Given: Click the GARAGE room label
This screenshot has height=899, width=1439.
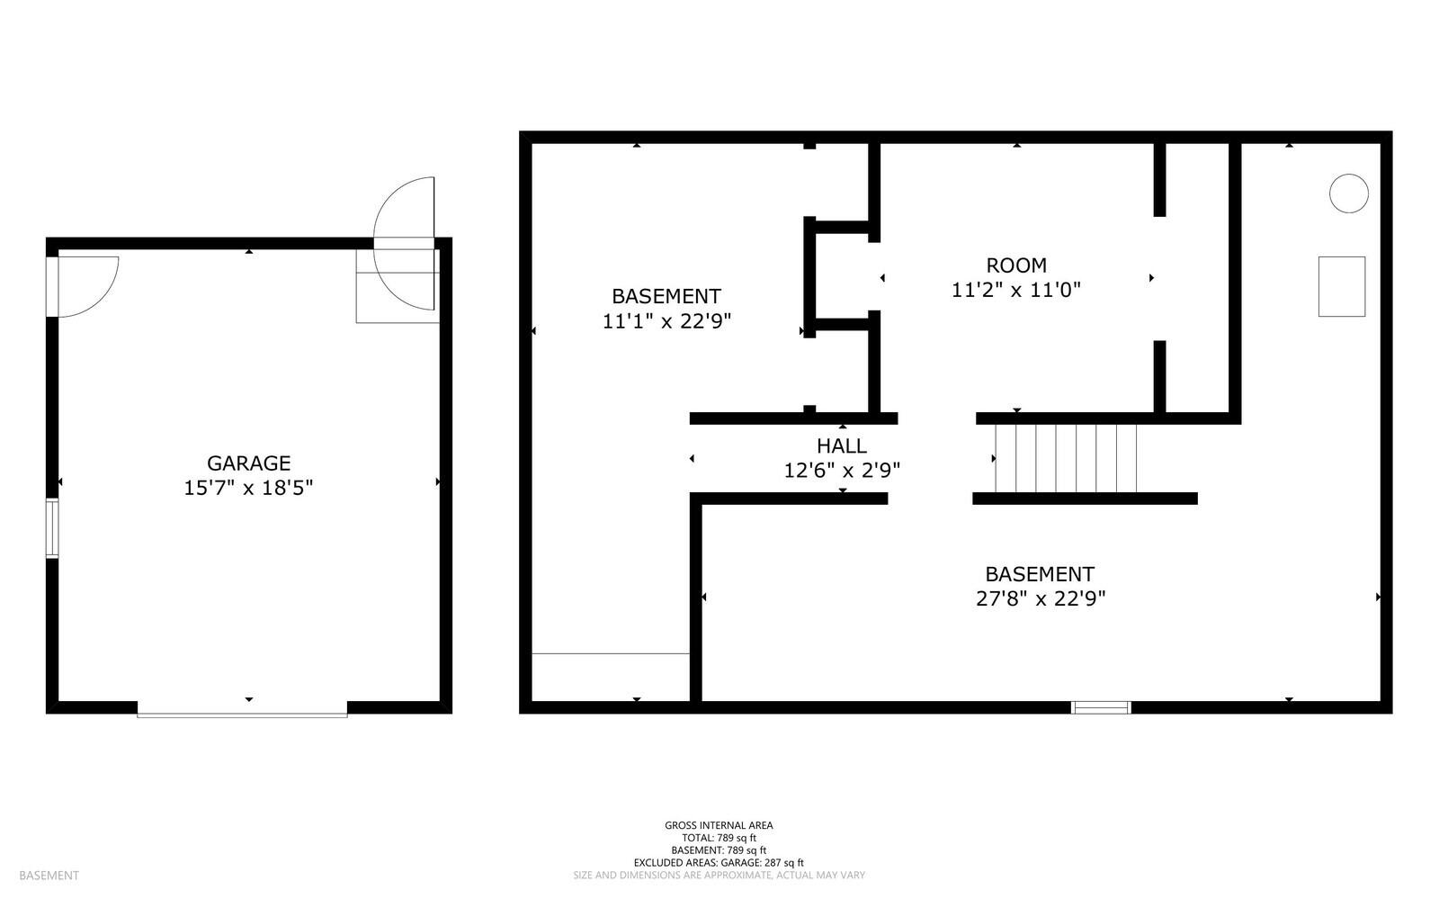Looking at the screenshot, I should tap(248, 463).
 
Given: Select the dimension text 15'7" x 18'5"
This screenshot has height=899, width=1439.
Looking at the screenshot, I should tap(248, 489).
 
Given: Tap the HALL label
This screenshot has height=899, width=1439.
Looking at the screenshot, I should tap(842, 445).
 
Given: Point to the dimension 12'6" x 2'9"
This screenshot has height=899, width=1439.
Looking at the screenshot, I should tap(842, 470).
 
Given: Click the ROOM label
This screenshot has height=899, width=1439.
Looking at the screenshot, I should tap(1016, 265).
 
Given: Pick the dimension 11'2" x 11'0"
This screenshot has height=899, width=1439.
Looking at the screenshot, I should tap(1016, 290).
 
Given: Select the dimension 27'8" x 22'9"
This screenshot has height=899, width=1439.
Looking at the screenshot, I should tap(1040, 598).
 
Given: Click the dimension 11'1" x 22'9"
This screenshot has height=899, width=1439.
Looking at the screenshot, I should tap(666, 321).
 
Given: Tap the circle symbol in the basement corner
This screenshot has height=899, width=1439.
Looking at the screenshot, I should tap(1348, 193).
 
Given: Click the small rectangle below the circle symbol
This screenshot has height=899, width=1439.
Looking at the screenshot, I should tap(1341, 286).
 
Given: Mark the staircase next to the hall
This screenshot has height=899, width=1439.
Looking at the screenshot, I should tap(1066, 458).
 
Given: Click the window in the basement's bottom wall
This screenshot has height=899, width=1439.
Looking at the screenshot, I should tap(1101, 707).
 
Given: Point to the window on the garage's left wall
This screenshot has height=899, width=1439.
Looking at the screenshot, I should tap(52, 528).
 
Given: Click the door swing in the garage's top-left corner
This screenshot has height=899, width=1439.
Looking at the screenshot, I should tap(85, 283).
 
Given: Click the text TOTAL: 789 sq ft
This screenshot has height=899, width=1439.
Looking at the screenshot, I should tap(719, 838).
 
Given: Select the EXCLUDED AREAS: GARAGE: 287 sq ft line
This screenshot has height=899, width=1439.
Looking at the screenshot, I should tap(719, 862).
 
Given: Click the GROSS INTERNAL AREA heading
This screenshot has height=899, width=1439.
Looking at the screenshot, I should tap(719, 825).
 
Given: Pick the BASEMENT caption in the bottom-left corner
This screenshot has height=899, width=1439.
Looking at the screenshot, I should tap(49, 876).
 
